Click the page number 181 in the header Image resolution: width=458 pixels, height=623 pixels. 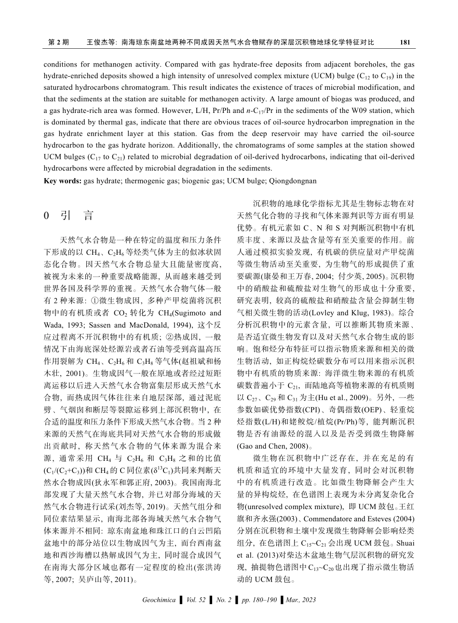(405, 42)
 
